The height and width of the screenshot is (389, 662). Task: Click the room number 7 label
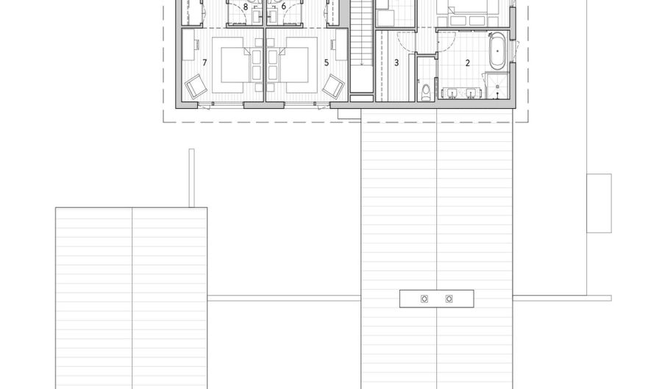pyautogui.click(x=204, y=63)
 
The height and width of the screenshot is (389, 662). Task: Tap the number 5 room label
pyautogui.click(x=327, y=63)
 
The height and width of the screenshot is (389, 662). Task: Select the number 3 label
pyautogui.click(x=396, y=63)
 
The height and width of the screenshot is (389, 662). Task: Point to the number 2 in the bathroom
pyautogui.click(x=467, y=63)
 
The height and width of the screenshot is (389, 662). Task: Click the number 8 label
pyautogui.click(x=245, y=7)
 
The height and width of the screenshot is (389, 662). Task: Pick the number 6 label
pyautogui.click(x=284, y=7)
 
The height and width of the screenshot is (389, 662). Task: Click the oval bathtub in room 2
pyautogui.click(x=498, y=51)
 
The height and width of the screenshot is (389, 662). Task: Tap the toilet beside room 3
pyautogui.click(x=426, y=92)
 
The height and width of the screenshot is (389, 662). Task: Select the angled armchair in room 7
pyautogui.click(x=196, y=87)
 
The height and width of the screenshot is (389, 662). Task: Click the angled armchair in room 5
pyautogui.click(x=333, y=87)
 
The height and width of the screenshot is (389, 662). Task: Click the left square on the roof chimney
pyautogui.click(x=424, y=299)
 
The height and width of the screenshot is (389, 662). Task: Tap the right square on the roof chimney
pyautogui.click(x=449, y=299)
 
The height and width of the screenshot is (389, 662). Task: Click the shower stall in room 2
pyautogui.click(x=497, y=85)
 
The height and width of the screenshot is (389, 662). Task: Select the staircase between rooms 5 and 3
pyautogui.click(x=361, y=46)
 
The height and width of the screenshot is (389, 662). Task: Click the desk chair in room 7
pyautogui.click(x=197, y=43)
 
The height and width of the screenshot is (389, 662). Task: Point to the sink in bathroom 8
pyautogui.click(x=257, y=16)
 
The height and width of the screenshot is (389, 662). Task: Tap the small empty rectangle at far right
pyautogui.click(x=599, y=203)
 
